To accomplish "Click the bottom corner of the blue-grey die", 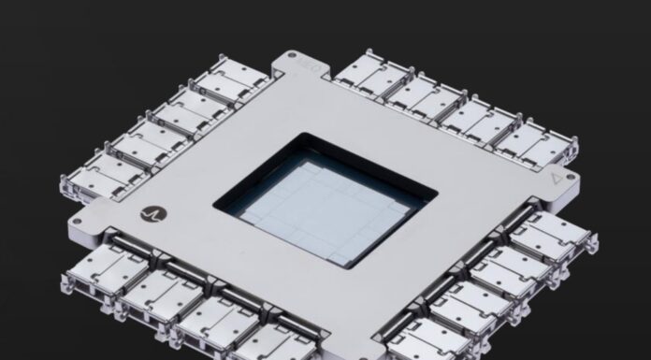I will pyautogui.click(x=354, y=260).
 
